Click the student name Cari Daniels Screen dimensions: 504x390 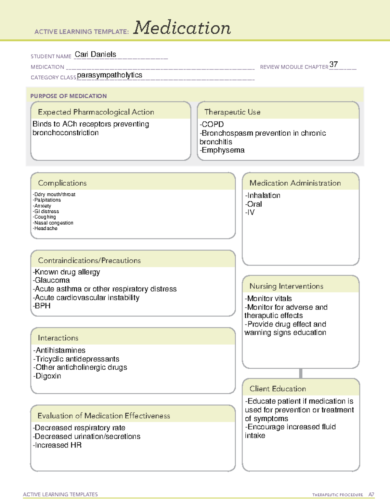(x=95, y=55)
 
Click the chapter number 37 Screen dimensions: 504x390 (x=333, y=64)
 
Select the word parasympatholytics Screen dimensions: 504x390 (x=110, y=75)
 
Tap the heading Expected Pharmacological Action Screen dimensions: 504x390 (x=96, y=112)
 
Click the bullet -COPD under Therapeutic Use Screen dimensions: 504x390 (x=212, y=124)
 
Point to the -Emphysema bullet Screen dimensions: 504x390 (x=222, y=150)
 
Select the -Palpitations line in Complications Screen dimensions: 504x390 (x=47, y=200)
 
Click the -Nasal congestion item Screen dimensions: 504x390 (x=53, y=223)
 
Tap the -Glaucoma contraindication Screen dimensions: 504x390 (x=51, y=280)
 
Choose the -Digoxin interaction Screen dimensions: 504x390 (x=47, y=376)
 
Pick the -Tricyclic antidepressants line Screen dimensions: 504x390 (x=76, y=359)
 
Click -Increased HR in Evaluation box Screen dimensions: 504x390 (x=57, y=445)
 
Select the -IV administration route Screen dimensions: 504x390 (x=250, y=212)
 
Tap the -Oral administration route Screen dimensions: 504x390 (x=253, y=204)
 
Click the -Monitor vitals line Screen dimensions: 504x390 (x=268, y=299)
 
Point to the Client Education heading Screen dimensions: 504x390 (x=278, y=389)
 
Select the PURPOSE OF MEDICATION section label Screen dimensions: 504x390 (x=68, y=96)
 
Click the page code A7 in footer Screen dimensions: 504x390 (x=371, y=495)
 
